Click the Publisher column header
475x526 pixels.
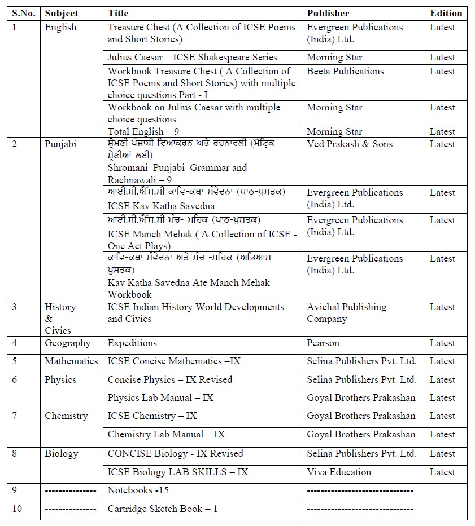pyautogui.click(x=328, y=13)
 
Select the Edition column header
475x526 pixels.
pyautogui.click(x=446, y=13)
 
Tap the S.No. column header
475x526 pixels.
pyautogui.click(x=23, y=13)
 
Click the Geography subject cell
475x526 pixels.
pyautogui.click(x=67, y=343)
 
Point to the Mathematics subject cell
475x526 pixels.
pyautogui.click(x=71, y=361)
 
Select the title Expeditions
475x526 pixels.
pyautogui.click(x=132, y=343)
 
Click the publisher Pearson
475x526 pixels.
pyautogui.click(x=323, y=343)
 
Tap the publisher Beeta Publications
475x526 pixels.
pyautogui.click(x=345, y=71)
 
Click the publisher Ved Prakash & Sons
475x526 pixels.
pyautogui.click(x=350, y=144)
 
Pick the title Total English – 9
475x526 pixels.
pyautogui.click(x=143, y=131)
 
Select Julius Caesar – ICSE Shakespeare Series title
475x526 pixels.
pyautogui.click(x=192, y=57)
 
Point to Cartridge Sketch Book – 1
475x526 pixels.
pyautogui.click(x=163, y=509)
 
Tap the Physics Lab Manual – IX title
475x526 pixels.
pyautogui.click(x=160, y=397)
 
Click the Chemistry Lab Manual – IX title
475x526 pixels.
pyautogui.click(x=166, y=434)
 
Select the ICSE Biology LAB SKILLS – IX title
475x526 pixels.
pyautogui.click(x=178, y=472)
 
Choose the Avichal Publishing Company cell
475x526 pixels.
pyautogui.click(x=346, y=313)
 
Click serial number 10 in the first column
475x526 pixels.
pyautogui.click(x=17, y=509)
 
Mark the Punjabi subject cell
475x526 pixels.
pyautogui.click(x=60, y=144)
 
